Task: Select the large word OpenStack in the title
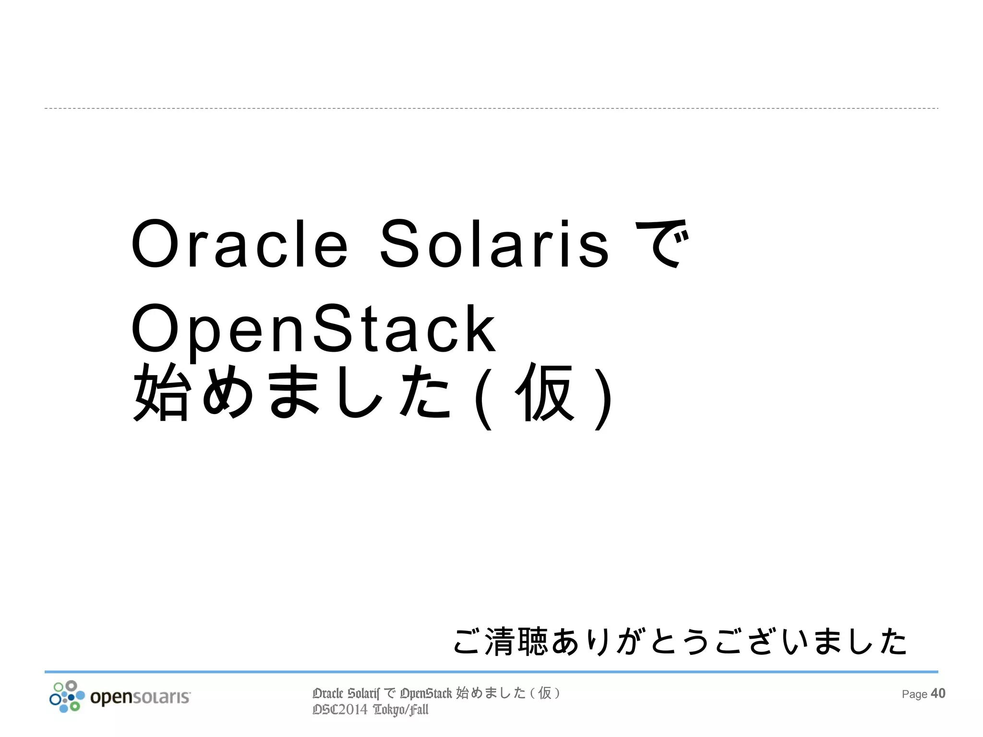click(313, 331)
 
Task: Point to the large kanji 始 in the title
click(161, 392)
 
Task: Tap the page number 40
click(938, 693)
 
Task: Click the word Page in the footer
click(914, 694)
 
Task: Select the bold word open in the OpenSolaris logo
click(111, 698)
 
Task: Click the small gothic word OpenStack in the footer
click(426, 694)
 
